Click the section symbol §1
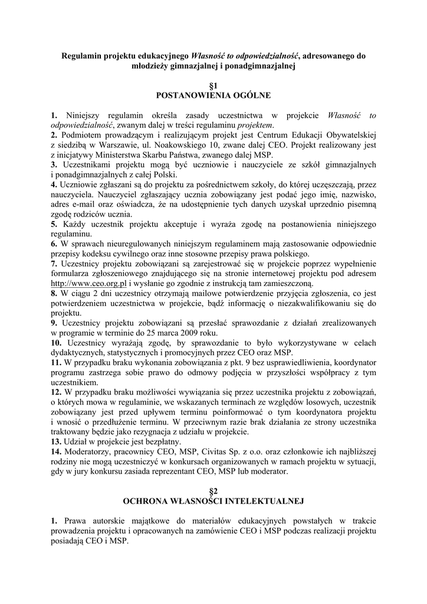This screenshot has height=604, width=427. pos(213,85)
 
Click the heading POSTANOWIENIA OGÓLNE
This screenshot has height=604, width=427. pos(213,94)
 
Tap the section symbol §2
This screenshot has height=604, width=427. pos(213,491)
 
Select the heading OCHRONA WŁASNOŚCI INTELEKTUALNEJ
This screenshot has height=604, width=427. pos(213,501)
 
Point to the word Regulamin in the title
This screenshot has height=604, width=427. pos(83,56)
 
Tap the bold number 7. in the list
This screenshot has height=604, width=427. pos(54,264)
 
